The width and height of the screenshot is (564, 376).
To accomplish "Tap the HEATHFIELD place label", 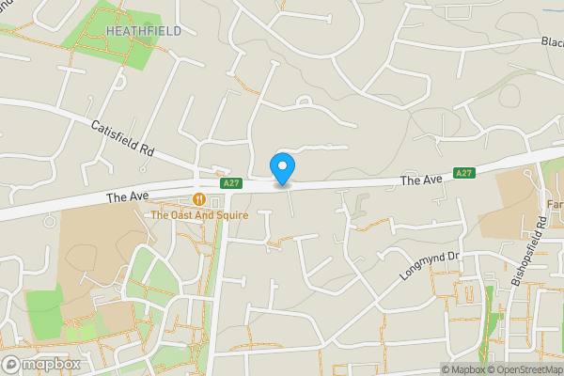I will [x=143, y=31].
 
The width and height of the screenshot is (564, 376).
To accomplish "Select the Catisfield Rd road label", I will [x=122, y=137].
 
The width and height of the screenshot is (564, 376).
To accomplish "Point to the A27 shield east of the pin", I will [x=463, y=173].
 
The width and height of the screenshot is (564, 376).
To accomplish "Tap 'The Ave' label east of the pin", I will [x=420, y=180].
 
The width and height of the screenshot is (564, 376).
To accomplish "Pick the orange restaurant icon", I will [x=199, y=199].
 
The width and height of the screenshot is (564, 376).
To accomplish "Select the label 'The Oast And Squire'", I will [x=199, y=215].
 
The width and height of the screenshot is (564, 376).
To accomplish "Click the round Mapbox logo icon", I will [x=12, y=364].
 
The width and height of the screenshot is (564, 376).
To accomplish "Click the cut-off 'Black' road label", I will [x=552, y=41].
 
